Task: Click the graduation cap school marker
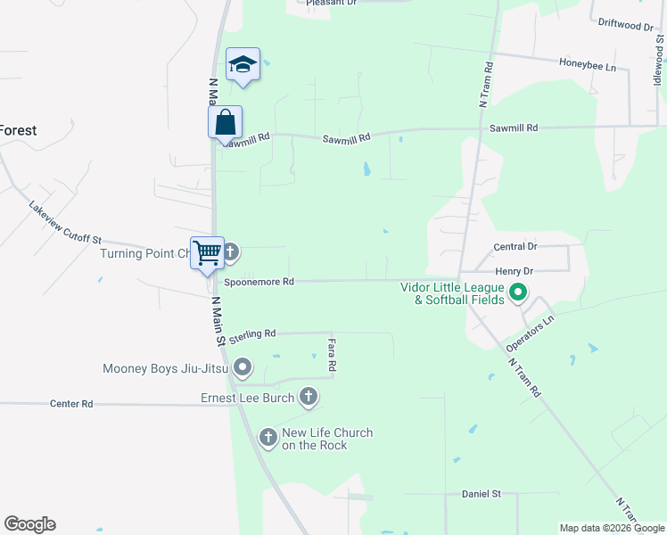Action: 243,64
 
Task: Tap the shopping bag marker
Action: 226,122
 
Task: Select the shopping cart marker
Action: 207,251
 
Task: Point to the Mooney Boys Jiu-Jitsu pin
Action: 243,367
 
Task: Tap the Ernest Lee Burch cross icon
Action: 309,398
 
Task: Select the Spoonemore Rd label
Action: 259,282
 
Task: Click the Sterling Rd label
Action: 252,334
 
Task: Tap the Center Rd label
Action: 71,404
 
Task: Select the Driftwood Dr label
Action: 626,25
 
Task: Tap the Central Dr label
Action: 515,246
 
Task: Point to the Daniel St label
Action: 482,494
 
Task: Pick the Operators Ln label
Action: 530,331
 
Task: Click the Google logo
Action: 29,524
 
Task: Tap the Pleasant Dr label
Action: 331,4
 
